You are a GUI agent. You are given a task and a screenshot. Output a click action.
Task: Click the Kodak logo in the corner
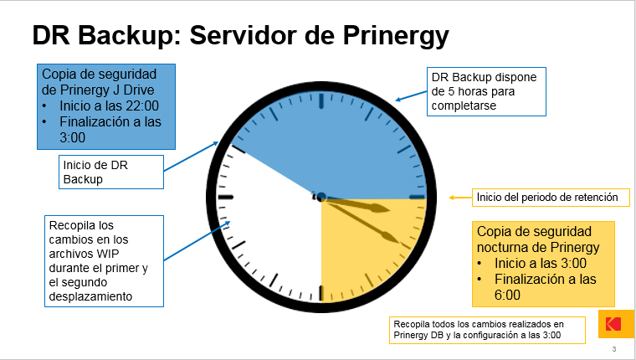click(x=616, y=324)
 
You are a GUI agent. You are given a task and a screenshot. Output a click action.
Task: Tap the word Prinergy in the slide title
click(x=396, y=36)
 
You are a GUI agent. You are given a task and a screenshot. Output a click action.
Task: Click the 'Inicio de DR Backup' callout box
click(x=111, y=172)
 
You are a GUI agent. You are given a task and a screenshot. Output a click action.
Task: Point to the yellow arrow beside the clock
click(x=460, y=198)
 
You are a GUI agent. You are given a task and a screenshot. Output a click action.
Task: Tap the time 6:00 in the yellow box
click(x=507, y=295)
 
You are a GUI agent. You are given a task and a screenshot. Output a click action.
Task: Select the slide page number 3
click(x=614, y=349)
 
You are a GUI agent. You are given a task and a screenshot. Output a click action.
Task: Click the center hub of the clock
click(x=321, y=198)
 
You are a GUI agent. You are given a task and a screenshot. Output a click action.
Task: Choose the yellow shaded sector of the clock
click(x=365, y=244)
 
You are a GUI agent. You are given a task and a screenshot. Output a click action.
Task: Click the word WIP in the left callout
click(x=106, y=254)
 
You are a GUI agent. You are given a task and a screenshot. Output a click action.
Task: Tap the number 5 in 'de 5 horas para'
click(x=451, y=91)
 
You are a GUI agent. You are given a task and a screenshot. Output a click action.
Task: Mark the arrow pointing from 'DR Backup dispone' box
click(x=411, y=95)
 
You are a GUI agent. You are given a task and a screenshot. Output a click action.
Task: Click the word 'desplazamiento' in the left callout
click(x=90, y=296)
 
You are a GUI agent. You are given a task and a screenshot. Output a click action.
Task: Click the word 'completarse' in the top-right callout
click(x=464, y=105)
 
